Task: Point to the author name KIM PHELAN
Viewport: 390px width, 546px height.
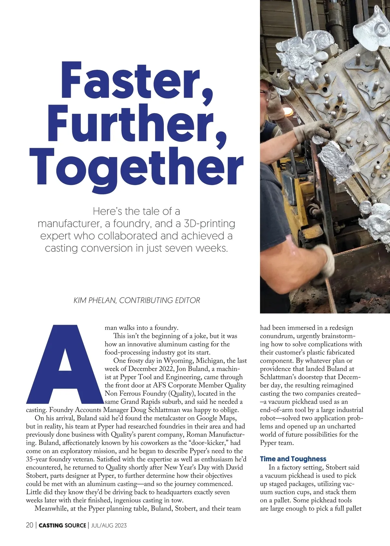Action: coord(95,300)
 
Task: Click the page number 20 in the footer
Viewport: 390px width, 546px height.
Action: coord(29,526)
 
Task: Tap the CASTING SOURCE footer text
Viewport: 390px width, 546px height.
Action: coord(62,526)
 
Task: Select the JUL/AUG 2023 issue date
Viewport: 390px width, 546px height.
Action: coord(109,526)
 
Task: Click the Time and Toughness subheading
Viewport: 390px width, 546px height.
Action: coord(293,459)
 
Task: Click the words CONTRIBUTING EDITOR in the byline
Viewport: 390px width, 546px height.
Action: coord(160,300)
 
